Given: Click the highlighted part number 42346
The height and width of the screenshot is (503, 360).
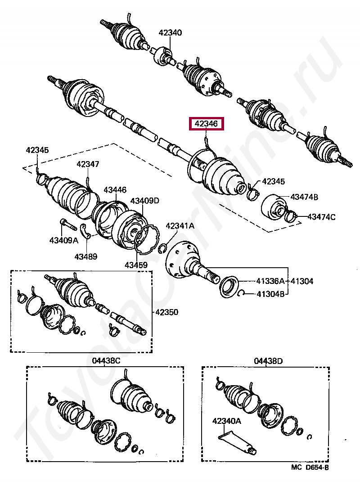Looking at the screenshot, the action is tap(207, 124).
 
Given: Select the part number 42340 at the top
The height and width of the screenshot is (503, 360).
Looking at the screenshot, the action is tap(170, 32).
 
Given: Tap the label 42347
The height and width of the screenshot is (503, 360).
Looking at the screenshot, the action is tap(87, 165).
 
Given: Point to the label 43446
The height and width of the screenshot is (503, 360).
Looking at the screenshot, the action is tap(115, 190).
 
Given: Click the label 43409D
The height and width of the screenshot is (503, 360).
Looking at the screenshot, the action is tap(145, 201).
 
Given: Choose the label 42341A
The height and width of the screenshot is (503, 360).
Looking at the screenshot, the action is tap(180, 226).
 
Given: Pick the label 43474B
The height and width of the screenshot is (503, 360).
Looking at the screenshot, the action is tap(304, 197).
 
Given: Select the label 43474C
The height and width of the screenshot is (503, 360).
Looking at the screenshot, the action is tap(321, 217).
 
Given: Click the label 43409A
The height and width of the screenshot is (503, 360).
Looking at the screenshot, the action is tap(63, 240).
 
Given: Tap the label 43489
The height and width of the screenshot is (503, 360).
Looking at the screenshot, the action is tap(86, 256).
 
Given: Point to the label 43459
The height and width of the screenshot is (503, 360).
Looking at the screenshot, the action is tap(136, 265).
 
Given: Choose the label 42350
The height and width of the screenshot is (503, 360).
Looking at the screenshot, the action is tap(166, 312).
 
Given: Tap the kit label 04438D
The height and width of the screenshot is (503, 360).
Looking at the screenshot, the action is tap(268, 361).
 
